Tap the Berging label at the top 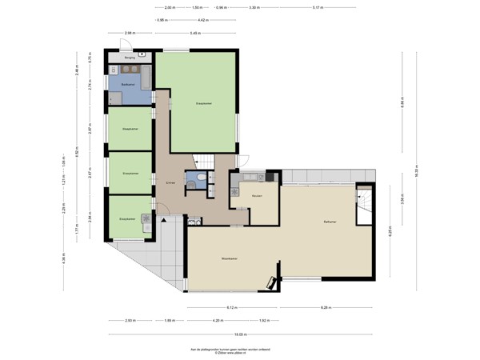pos(129,58)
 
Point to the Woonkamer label pos(232,258)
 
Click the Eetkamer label pos(324,222)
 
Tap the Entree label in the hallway pos(170,184)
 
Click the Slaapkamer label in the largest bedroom pos(203,102)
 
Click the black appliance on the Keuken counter pos(270,176)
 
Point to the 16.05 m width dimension pos(240,334)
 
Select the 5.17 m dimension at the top pos(318,7)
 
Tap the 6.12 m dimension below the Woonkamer pos(230,307)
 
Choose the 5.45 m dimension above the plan pos(195,33)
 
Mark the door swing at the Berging pos(142,56)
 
